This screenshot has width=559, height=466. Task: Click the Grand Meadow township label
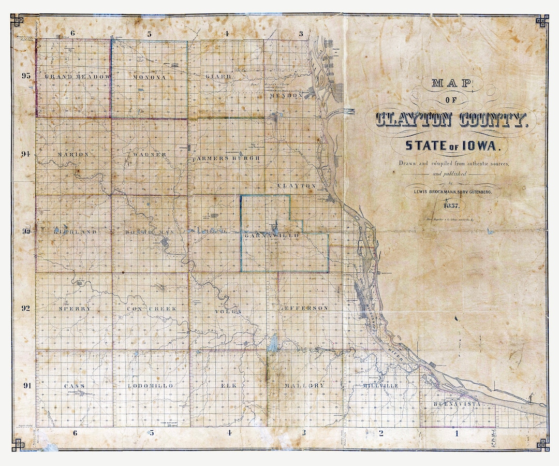pyautogui.click(x=78, y=77)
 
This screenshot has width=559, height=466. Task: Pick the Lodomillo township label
pyautogui.click(x=151, y=386)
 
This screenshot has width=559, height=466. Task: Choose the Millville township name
pyautogui.click(x=380, y=386)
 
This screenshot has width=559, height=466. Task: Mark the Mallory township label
pyautogui.click(x=304, y=386)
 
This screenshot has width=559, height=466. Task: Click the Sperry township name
pyautogui.click(x=75, y=309)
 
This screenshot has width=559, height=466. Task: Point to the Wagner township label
pyautogui.click(x=149, y=154)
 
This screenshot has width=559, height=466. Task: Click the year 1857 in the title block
pyautogui.click(x=451, y=206)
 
